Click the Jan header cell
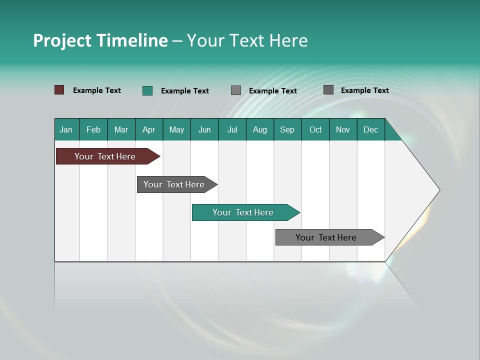tap(66, 129)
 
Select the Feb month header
tap(93, 129)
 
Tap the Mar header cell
tap(121, 129)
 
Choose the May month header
tap(176, 129)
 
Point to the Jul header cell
tap(232, 129)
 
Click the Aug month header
tap(260, 129)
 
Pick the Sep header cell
tap(287, 129)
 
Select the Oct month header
tap(315, 129)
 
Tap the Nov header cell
tap(343, 129)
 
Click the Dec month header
tap(371, 129)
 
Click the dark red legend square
tap(59, 90)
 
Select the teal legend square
tap(147, 90)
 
